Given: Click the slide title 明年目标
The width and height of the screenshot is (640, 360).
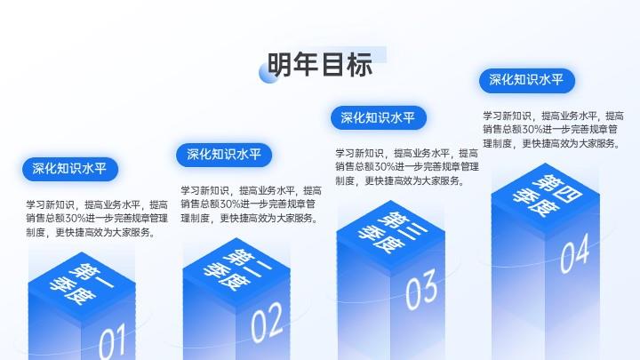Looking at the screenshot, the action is point(320,65).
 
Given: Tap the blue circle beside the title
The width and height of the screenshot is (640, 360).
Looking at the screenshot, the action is point(268,74).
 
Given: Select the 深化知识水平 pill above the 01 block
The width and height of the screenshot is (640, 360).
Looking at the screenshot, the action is point(70,169).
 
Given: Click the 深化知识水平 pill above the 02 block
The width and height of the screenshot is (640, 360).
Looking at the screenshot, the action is point(224,155).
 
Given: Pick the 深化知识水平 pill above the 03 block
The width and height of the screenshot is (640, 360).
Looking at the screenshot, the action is point(379,118).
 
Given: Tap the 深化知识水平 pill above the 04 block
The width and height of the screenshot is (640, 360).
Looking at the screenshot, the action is point(527,80).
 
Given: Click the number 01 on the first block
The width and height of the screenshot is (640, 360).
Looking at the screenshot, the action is point(112,342).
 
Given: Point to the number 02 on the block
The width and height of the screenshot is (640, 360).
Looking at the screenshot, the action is point(267,323).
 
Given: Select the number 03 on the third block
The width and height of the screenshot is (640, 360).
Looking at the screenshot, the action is point(421,289).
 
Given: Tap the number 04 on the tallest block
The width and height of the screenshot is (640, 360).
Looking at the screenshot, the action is point(575,253).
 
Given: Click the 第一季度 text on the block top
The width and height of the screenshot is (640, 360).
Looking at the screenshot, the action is point(82,284).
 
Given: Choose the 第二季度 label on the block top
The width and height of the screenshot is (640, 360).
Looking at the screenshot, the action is point(237,269).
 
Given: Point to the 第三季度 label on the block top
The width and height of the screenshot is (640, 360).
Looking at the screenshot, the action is point(392,232).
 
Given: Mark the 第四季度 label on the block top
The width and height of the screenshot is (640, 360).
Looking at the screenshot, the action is point(546,196).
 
